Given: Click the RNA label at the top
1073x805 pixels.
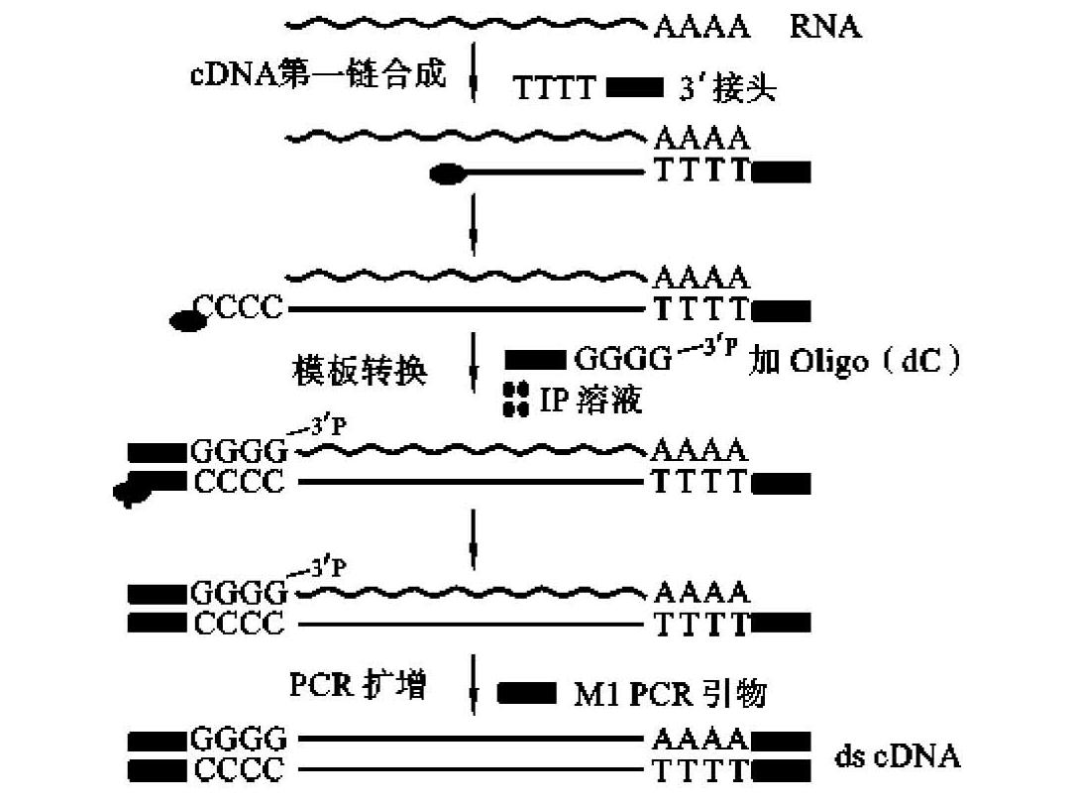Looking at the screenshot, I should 824,26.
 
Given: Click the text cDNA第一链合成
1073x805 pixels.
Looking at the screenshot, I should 318,74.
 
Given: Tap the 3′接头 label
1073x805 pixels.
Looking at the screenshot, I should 727,90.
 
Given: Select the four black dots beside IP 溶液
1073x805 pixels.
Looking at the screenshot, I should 515,399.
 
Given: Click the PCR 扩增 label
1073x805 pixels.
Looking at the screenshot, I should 358,685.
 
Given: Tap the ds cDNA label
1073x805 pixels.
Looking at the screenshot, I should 897,757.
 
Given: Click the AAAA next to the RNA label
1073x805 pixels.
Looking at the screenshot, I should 700,26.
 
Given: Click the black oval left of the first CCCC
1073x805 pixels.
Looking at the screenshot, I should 184,319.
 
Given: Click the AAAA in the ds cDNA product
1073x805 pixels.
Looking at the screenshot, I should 700,740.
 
